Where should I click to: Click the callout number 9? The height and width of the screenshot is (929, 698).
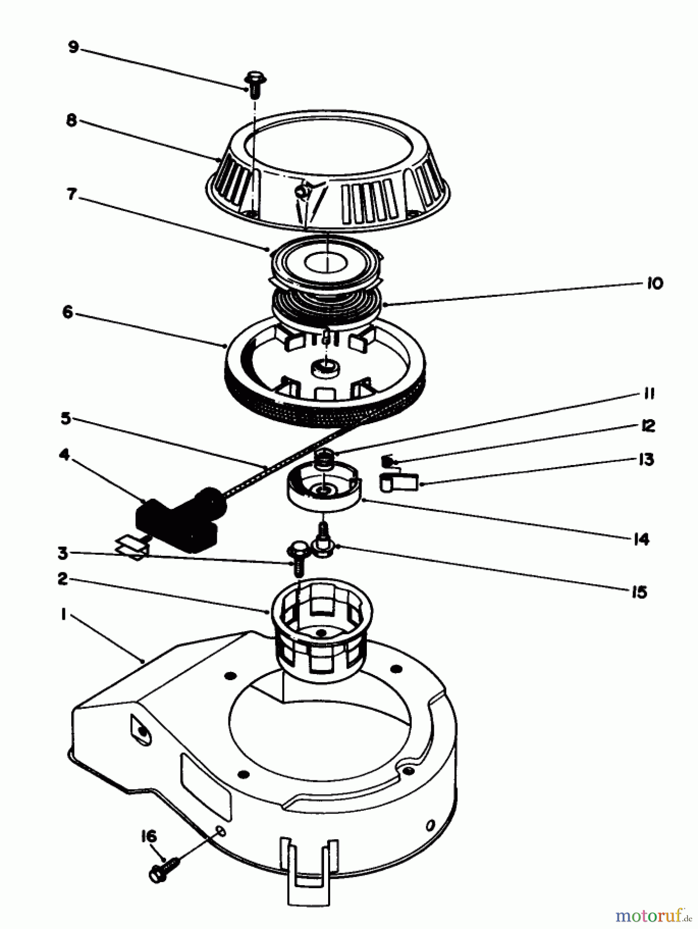point(73,47)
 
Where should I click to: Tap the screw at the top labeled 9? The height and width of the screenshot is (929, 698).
point(254,85)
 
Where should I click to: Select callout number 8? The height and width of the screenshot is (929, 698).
point(72,120)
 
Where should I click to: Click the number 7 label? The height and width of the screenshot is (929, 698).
point(71,194)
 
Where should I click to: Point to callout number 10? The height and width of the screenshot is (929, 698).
point(654,283)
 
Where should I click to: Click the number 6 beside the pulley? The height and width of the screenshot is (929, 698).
point(68,312)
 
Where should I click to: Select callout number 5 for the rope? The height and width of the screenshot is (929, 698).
point(66,418)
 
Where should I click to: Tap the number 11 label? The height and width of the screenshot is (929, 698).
point(648,394)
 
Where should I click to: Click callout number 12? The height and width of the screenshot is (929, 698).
point(647,426)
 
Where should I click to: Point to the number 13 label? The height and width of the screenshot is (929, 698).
point(646,459)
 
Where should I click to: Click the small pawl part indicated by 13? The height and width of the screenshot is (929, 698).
point(399,482)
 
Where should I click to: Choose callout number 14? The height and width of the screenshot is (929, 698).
point(641,539)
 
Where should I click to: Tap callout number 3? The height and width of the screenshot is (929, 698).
point(62,554)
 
